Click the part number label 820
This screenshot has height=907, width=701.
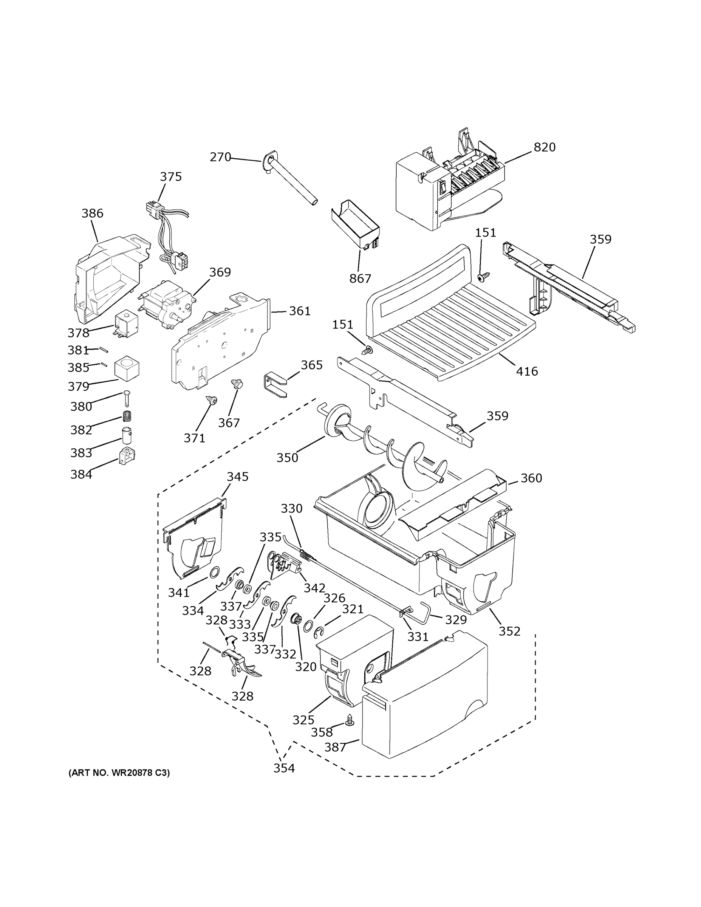pyautogui.click(x=544, y=147)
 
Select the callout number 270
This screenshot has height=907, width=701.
pyautogui.click(x=220, y=157)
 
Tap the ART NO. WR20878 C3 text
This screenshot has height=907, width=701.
pyautogui.click(x=119, y=773)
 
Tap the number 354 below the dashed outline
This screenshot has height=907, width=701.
pyautogui.click(x=284, y=768)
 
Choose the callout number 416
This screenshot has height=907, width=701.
pyautogui.click(x=526, y=371)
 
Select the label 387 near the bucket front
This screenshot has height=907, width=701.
pyautogui.click(x=335, y=747)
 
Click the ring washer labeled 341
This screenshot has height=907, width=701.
pyautogui.click(x=214, y=573)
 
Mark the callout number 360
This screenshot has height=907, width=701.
pyautogui.click(x=531, y=478)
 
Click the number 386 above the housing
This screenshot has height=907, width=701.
pyautogui.click(x=92, y=213)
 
